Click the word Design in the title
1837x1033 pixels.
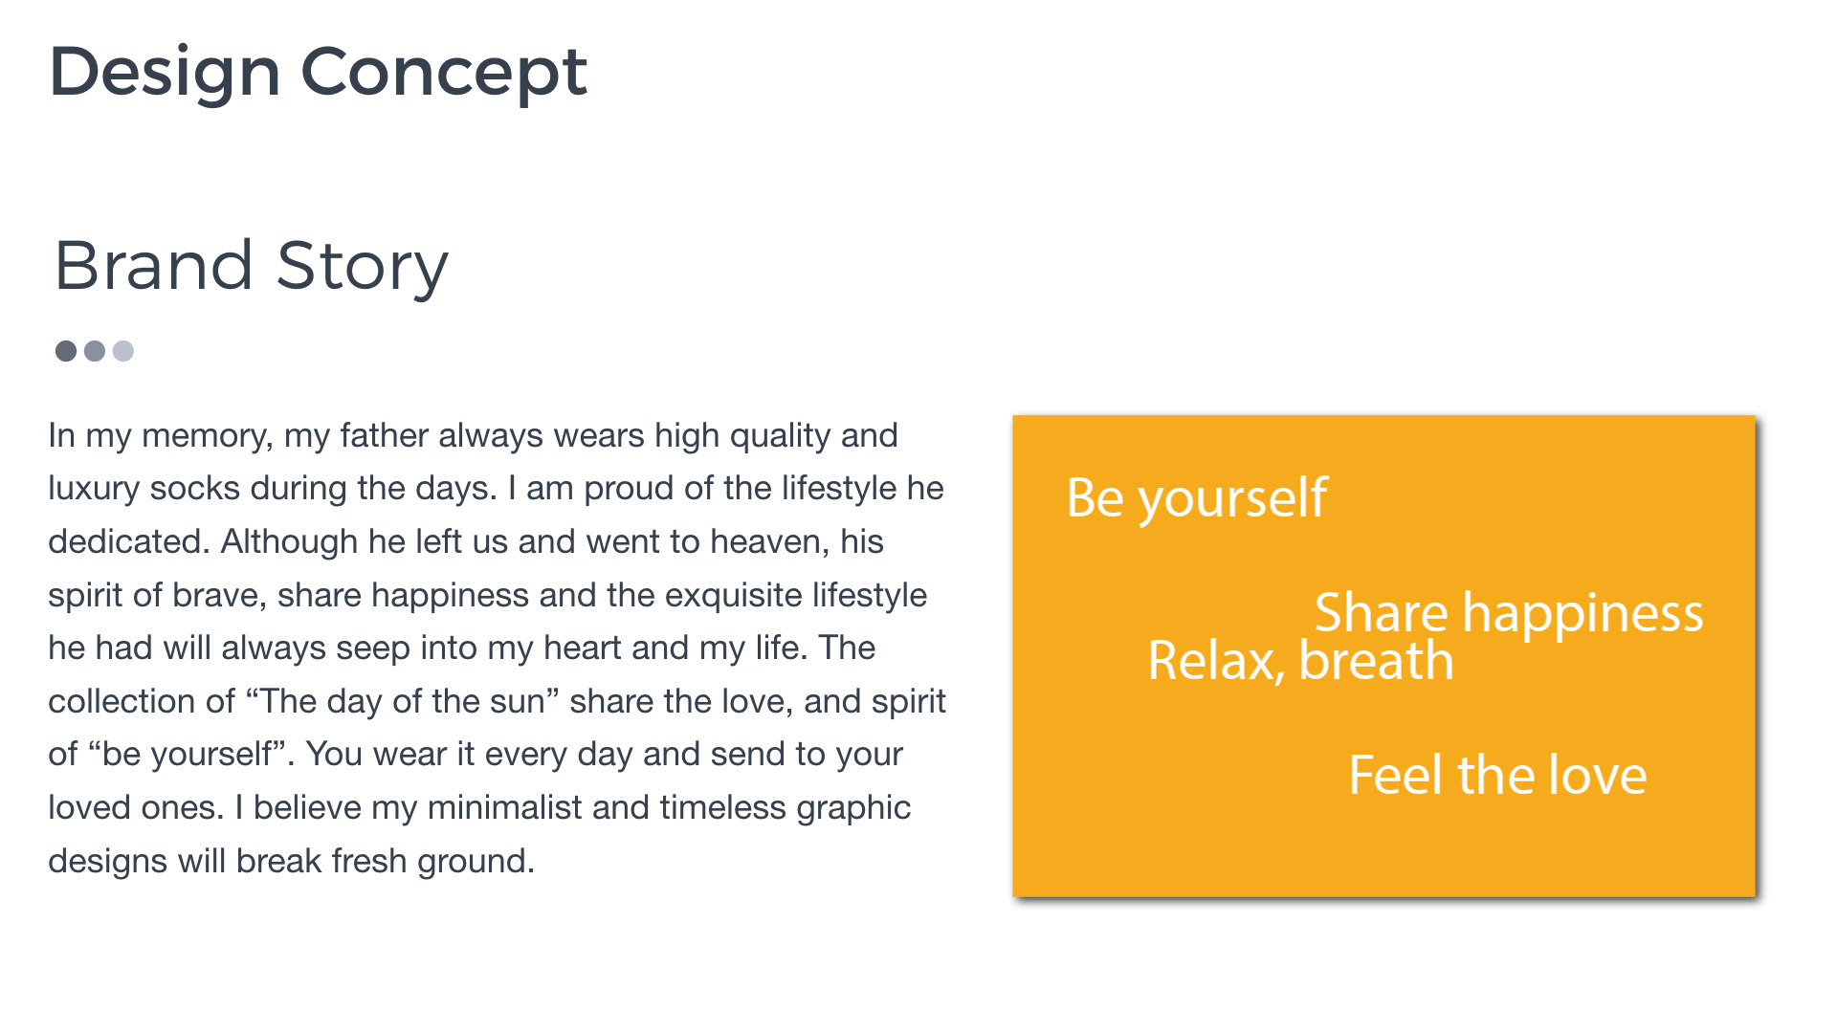pyautogui.click(x=165, y=73)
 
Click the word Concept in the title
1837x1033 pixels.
pyautogui.click(x=444, y=73)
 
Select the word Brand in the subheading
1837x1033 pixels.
pyautogui.click(x=154, y=265)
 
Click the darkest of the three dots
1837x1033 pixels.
pyautogui.click(x=66, y=351)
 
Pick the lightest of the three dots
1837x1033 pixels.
pyautogui.click(x=123, y=351)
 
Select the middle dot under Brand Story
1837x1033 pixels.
pyautogui.click(x=95, y=351)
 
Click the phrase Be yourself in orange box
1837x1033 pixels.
pyautogui.click(x=1197, y=499)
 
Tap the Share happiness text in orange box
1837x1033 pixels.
pyautogui.click(x=1509, y=613)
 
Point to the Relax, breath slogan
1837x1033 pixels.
pyautogui.click(x=1300, y=661)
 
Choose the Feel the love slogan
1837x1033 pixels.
pyautogui.click(x=1497, y=775)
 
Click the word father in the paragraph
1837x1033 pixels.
pyautogui.click(x=385, y=435)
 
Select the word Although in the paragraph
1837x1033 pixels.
pyautogui.click(x=289, y=542)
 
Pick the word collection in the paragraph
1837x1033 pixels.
pyautogui.click(x=142, y=701)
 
